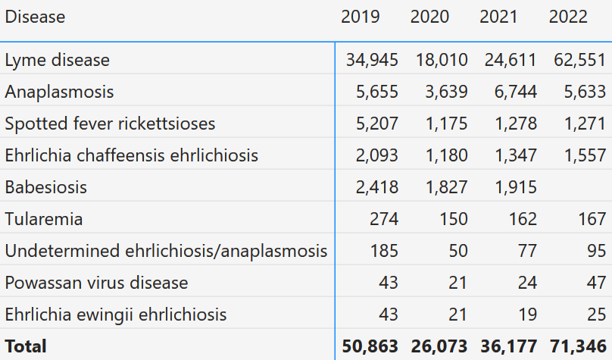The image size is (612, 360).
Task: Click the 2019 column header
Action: click(361, 17)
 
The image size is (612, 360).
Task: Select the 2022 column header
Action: click(568, 17)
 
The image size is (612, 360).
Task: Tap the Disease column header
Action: click(35, 17)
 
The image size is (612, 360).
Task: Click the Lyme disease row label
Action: click(57, 60)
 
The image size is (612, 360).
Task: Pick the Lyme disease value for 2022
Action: click(579, 60)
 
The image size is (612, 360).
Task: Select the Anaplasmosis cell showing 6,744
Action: click(513, 92)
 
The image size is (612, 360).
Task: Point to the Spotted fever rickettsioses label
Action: click(110, 124)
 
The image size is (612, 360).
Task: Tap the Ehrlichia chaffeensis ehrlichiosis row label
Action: click(131, 155)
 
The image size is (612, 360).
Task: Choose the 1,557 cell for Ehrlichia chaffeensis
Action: click(583, 155)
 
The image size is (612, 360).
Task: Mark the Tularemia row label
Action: click(44, 219)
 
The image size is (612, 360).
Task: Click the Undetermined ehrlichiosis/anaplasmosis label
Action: click(166, 251)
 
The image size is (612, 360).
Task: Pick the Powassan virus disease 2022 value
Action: click(596, 283)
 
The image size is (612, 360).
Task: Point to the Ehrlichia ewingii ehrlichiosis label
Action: click(115, 315)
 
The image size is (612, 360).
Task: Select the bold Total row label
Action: click(26, 346)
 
